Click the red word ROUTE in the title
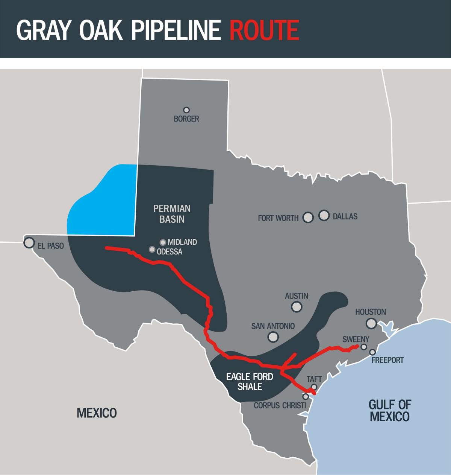click(264, 30)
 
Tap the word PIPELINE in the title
click(176, 30)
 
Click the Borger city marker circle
click(186, 110)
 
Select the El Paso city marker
click(29, 242)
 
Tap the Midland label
click(182, 242)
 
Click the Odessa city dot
click(152, 249)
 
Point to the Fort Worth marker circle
click(308, 217)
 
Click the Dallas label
click(345, 216)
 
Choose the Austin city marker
click(297, 307)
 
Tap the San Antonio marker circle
click(273, 336)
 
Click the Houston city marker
click(371, 323)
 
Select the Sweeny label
click(356, 340)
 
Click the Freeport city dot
click(372, 352)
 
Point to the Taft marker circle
click(314, 387)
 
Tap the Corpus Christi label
click(280, 405)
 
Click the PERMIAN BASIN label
click(172, 213)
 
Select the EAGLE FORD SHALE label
click(250, 381)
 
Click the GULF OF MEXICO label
click(389, 410)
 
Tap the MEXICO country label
click(97, 413)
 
